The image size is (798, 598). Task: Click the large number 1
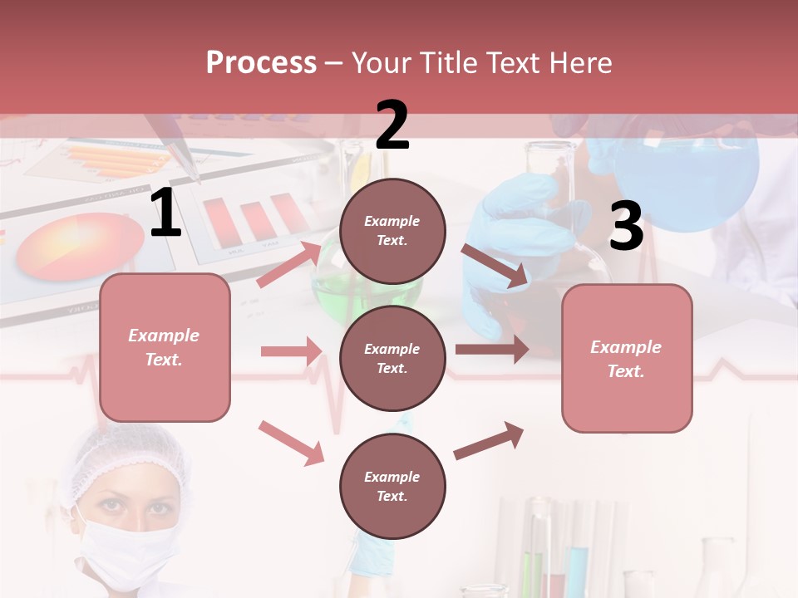(x=165, y=214)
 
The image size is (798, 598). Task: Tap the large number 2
(x=392, y=125)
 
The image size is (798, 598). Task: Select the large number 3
(x=626, y=227)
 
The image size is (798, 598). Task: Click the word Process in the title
(x=261, y=62)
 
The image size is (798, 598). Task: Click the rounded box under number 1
(x=165, y=347)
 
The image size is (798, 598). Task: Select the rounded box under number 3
(x=627, y=358)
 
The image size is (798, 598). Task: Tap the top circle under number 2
(x=392, y=231)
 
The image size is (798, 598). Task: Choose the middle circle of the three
(x=392, y=358)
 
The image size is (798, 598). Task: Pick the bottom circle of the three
(x=392, y=486)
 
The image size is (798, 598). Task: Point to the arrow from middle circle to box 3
(x=492, y=349)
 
